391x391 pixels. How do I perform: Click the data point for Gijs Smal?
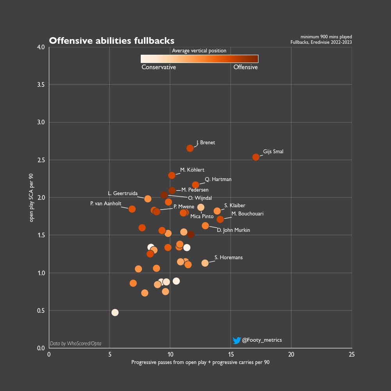[256, 157]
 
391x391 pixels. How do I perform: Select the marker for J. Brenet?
[190, 148]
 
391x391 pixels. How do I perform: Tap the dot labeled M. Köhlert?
[172, 176]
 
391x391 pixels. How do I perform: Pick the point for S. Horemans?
[205, 263]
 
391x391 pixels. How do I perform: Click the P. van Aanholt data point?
[132, 209]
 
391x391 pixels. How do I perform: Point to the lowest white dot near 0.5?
[115, 312]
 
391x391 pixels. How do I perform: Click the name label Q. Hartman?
[218, 179]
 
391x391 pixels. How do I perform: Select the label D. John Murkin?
[233, 230]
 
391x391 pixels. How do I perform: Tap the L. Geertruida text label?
[122, 194]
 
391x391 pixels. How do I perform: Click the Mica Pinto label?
[202, 216]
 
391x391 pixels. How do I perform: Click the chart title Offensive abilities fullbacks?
[111, 41]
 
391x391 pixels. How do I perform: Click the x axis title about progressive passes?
[200, 362]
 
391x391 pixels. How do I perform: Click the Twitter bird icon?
[236, 340]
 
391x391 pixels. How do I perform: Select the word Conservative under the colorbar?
[158, 67]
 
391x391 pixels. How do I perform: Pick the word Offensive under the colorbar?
[246, 67]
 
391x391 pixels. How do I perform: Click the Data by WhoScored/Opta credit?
[75, 343]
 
